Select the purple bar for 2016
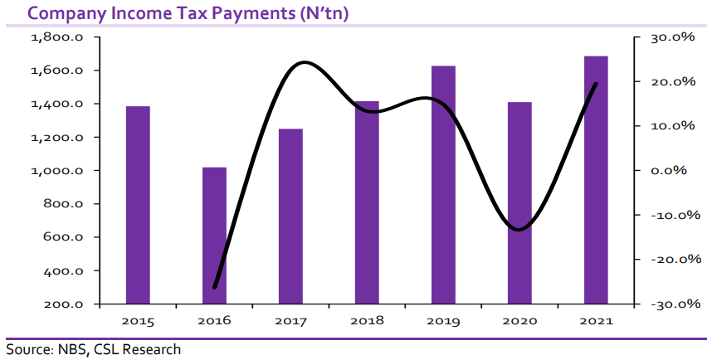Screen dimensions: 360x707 click(x=214, y=236)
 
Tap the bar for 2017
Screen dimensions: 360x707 click(x=290, y=216)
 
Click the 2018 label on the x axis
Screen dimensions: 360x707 click(x=367, y=320)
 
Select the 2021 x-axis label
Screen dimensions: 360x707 click(x=596, y=320)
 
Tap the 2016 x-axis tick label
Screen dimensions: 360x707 click(x=214, y=320)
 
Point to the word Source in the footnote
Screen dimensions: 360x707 click(x=28, y=349)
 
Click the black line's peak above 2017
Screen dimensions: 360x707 click(x=303, y=62)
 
